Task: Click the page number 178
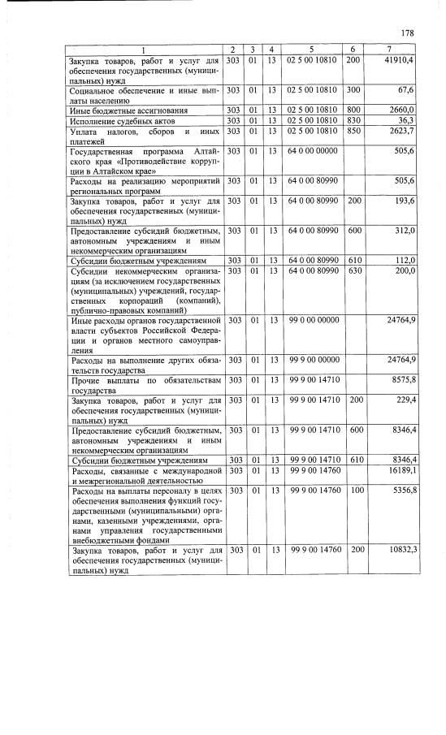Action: pos(408,32)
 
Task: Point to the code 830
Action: pos(353,120)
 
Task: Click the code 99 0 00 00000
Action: pos(313,320)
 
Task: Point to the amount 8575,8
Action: pos(401,379)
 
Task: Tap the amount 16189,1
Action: pos(400,469)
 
